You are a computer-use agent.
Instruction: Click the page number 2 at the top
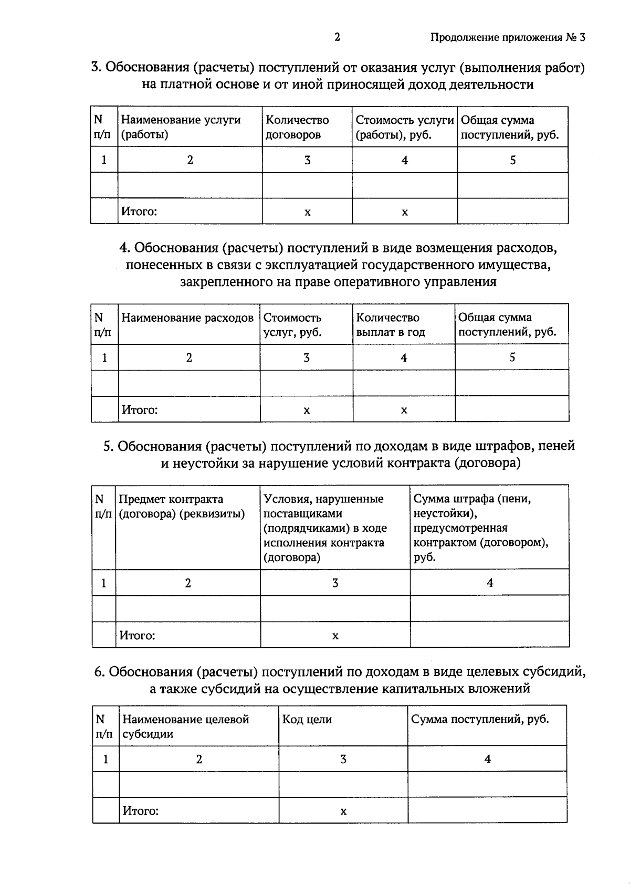point(337,37)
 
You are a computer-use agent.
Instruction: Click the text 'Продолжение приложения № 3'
point(507,38)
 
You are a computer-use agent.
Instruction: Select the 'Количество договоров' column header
point(297,127)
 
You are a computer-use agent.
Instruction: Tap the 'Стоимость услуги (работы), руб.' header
point(404,127)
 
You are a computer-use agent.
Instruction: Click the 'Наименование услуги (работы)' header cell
point(181,127)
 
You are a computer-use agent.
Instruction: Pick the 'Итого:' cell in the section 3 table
point(139,212)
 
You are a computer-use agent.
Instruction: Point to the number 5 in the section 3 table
point(513,160)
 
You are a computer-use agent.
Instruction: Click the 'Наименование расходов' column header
point(187,318)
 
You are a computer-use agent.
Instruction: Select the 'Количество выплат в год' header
point(391,324)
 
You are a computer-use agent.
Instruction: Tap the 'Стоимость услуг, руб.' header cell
point(292,324)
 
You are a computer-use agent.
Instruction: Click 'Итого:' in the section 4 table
point(140,409)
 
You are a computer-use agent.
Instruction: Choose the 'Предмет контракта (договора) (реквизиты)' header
point(182,506)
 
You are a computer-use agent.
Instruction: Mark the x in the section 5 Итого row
point(335,636)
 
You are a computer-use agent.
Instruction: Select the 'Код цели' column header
point(307,719)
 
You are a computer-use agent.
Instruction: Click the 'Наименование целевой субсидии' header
point(185,726)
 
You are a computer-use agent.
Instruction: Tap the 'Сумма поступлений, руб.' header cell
point(480,719)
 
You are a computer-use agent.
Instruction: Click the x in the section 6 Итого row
point(343,812)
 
